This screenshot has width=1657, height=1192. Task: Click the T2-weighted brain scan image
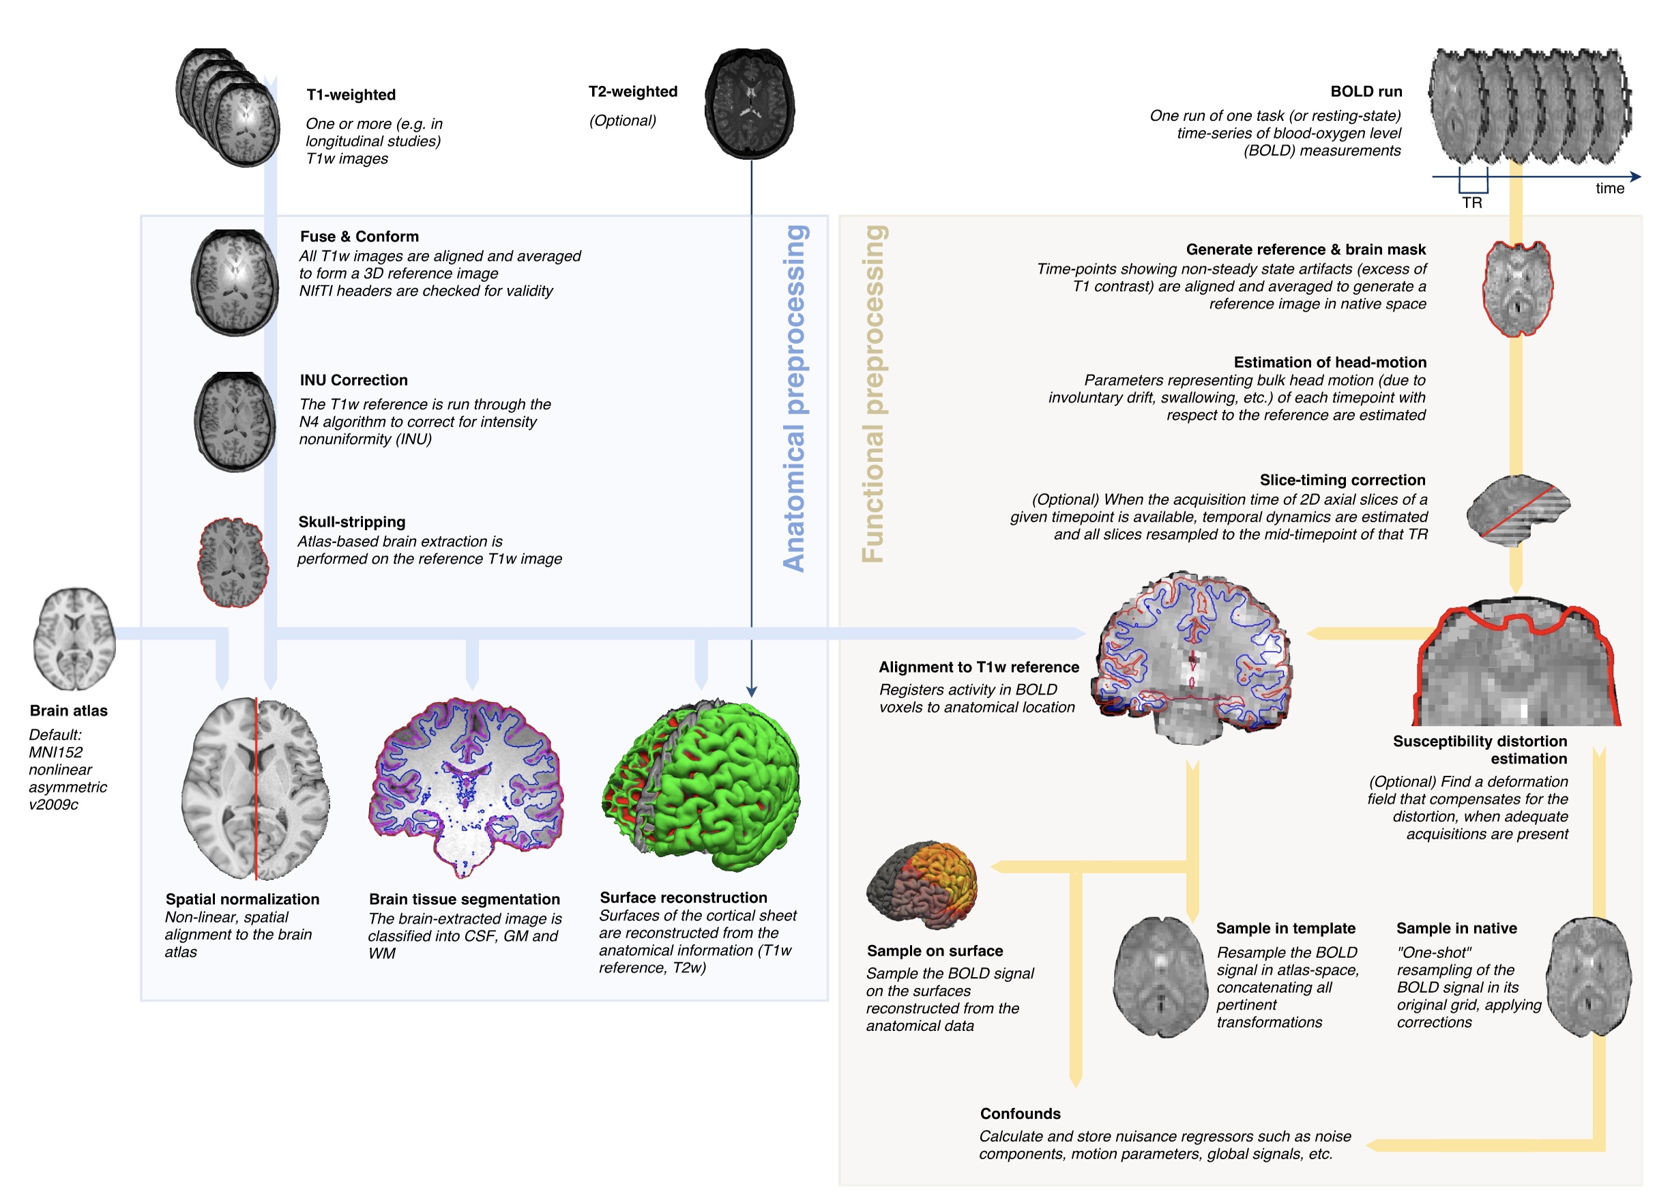(750, 103)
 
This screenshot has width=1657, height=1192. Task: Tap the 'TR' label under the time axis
(1471, 203)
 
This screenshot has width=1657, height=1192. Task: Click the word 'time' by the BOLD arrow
(1609, 188)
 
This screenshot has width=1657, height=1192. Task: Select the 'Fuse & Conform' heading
(360, 236)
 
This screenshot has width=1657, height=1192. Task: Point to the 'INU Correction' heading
(353, 380)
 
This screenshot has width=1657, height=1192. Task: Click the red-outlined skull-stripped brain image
(233, 562)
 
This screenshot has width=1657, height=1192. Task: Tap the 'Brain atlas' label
(69, 710)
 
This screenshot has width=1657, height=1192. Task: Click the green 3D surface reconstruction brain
(701, 785)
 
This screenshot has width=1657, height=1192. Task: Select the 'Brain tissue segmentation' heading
(464, 899)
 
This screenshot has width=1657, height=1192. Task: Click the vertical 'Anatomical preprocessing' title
(794, 398)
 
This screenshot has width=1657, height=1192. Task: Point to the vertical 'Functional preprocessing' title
(873, 394)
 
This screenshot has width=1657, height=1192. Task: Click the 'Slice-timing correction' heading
(1342, 480)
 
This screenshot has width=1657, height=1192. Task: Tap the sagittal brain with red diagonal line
(1519, 510)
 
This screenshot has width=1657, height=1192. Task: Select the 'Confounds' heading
(1020, 1114)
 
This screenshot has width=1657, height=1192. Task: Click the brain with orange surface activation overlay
(922, 884)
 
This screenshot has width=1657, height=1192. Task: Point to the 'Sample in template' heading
(1285, 928)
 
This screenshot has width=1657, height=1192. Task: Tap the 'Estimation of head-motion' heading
(1330, 362)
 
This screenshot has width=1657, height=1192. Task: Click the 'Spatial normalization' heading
(241, 899)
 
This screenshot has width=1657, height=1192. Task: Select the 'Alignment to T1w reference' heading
(978, 667)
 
